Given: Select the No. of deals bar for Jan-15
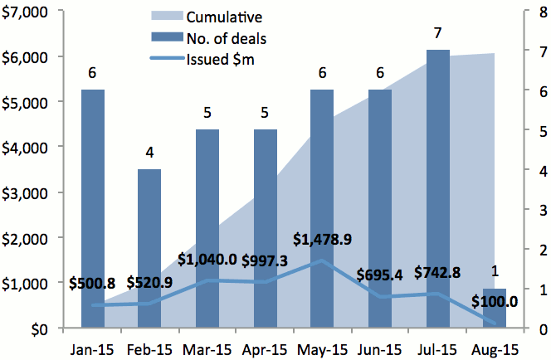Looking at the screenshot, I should [x=93, y=207].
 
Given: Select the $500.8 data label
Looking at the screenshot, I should [x=93, y=283].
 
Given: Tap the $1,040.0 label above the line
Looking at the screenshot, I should [x=207, y=259].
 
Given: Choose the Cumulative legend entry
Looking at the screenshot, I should [x=220, y=17].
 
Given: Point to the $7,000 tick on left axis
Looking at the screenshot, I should [x=27, y=12].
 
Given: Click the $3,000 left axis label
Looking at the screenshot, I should [x=27, y=192].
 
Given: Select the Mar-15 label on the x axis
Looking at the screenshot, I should [x=207, y=348].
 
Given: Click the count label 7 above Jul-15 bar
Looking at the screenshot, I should [x=437, y=32].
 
